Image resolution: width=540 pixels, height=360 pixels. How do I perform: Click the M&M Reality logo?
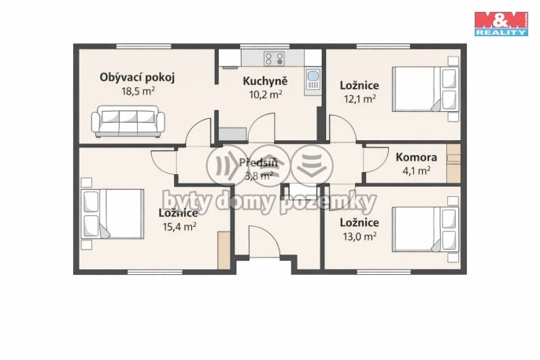pos(501,24)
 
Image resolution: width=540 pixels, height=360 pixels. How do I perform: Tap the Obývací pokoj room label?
pos(137,77)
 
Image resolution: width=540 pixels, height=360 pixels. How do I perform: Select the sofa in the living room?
pos(128,121)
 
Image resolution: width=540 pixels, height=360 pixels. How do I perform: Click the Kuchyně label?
pos(264,81)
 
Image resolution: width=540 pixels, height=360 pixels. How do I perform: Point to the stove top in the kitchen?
pos(274,59)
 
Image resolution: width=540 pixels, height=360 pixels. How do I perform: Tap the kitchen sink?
pos(313,80)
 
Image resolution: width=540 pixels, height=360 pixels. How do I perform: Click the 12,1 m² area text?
pos(360,99)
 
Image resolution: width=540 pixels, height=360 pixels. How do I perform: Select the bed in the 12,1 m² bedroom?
pos(425,89)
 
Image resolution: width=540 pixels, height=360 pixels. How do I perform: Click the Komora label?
pos(416,158)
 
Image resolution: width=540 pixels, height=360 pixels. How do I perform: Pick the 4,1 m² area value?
pos(416,170)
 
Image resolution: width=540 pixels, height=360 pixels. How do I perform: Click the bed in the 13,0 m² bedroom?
pos(425,229)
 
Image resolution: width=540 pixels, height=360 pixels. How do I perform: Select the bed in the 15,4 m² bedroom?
pos(113,213)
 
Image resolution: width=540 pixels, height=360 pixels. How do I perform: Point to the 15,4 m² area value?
pos(179,226)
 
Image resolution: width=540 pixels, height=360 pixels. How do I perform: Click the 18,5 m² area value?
pos(138,91)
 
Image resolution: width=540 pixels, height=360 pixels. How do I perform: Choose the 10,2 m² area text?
pos(265,95)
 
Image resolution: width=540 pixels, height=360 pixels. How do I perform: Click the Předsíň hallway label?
pos(258,162)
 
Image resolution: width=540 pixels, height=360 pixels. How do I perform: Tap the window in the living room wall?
pos(143,46)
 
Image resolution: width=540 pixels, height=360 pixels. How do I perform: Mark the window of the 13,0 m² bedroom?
pos(383,272)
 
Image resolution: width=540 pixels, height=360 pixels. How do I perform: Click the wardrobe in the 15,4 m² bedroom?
pos(224,250)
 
